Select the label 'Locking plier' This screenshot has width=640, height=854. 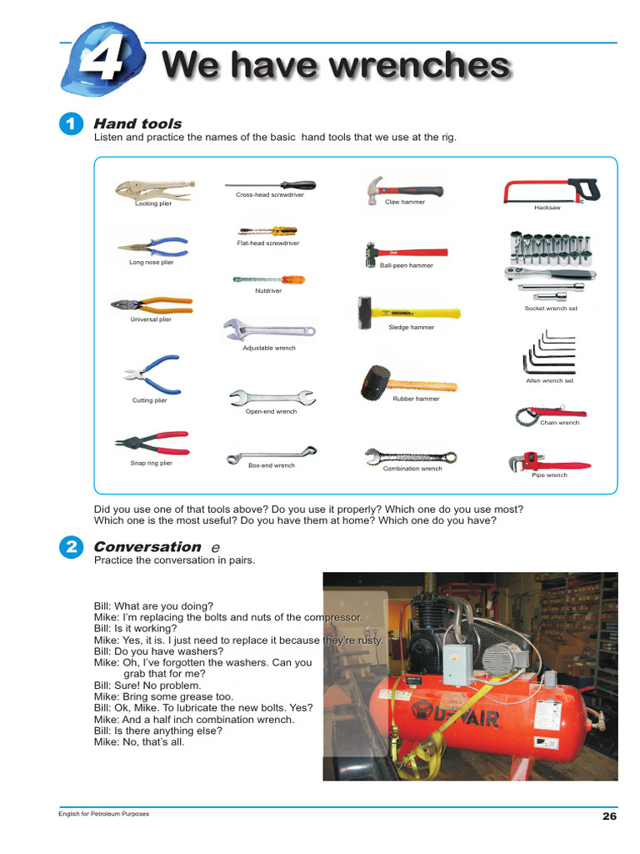[x=153, y=203]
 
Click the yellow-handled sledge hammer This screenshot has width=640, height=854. [x=407, y=312]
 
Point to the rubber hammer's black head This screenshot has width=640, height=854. [x=375, y=382]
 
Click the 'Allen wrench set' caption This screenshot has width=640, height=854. [x=549, y=380]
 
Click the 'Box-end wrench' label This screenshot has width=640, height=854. [x=271, y=465]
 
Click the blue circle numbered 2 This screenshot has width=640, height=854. [x=72, y=548]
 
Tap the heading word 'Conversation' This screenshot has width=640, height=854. [x=147, y=547]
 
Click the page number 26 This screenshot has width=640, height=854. [x=609, y=816]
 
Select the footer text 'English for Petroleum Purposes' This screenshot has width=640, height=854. [x=103, y=814]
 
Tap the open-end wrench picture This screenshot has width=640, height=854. [x=271, y=396]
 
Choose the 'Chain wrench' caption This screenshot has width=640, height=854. [x=559, y=423]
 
